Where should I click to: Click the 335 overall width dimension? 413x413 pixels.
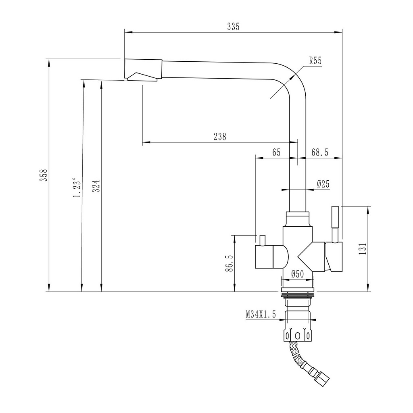(233, 27)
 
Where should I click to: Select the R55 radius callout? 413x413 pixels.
(315, 61)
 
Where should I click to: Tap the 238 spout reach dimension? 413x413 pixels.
(220, 137)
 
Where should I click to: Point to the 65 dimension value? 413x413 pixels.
(276, 152)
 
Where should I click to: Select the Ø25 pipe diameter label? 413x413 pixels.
(323, 184)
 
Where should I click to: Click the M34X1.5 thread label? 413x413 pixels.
(261, 315)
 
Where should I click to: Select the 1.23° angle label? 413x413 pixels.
(76, 188)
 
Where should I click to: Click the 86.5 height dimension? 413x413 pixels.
(229, 263)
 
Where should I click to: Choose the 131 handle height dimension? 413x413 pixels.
(363, 249)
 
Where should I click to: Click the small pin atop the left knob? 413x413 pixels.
(262, 240)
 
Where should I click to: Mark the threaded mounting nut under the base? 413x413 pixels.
(297, 293)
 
